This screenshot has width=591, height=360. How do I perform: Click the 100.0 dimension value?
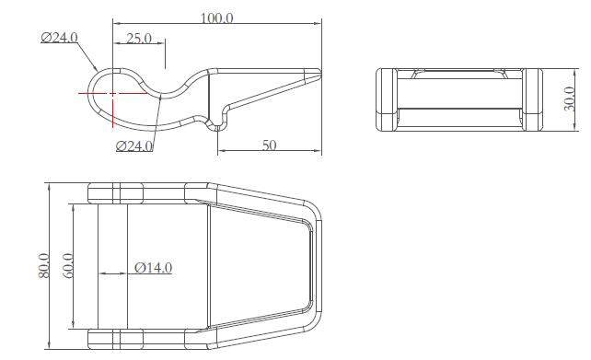point(216,18)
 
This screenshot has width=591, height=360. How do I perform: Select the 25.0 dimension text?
point(139,38)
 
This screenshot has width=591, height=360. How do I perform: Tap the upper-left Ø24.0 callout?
point(60,38)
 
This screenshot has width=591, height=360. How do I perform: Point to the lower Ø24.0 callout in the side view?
point(134,145)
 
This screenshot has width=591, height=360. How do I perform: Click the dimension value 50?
point(269,145)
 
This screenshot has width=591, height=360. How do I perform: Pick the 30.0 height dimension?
point(569,99)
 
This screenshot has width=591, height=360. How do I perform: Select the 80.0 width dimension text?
point(43,265)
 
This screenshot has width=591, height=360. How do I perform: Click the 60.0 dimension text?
point(68,265)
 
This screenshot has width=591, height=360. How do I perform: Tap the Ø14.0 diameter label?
point(154,268)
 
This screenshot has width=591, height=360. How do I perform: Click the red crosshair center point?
point(112,93)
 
